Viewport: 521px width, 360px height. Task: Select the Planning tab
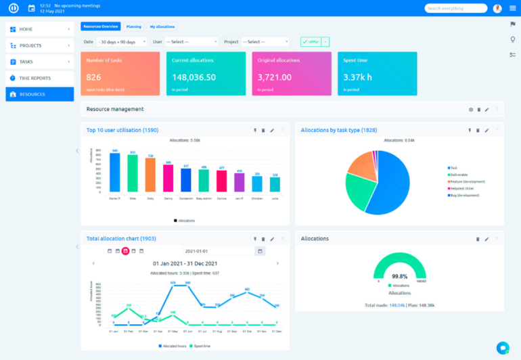(x=134, y=26)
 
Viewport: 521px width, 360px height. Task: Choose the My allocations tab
(x=162, y=26)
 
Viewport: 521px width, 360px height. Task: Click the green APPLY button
(x=311, y=41)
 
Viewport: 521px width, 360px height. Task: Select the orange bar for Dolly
(x=150, y=175)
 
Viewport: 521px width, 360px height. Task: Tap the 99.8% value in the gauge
(x=399, y=276)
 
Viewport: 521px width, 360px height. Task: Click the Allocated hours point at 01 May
(x=173, y=285)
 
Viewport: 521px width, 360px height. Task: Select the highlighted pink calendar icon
(x=125, y=251)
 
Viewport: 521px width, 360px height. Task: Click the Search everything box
(x=455, y=8)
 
